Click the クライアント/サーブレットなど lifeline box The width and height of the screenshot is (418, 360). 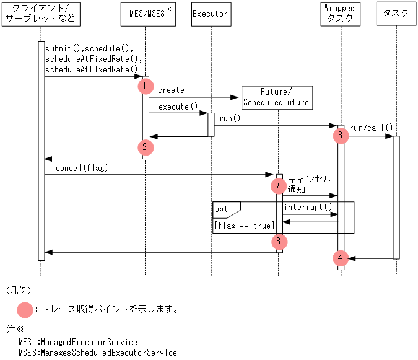(41, 14)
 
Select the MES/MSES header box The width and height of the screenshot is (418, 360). (146, 14)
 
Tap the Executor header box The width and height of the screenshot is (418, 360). (211, 14)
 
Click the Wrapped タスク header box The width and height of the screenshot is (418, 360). (340, 14)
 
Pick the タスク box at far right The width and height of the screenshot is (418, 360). (396, 14)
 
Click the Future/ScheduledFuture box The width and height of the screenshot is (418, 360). (276, 97)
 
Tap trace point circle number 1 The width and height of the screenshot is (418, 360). (145, 86)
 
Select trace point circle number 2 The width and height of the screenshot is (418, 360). (145, 147)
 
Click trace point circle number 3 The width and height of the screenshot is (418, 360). (340, 135)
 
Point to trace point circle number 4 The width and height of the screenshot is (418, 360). (340, 258)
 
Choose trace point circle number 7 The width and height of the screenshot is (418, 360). (279, 185)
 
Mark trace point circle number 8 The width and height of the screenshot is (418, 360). (279, 242)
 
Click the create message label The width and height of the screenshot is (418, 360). (171, 90)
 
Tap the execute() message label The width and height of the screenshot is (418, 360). (178, 107)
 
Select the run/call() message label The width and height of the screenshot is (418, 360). (371, 128)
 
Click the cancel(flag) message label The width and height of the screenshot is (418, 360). (82, 168)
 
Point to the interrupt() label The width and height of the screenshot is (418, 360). (308, 207)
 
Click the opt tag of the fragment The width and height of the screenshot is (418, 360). (222, 209)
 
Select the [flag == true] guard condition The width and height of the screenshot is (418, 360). (244, 226)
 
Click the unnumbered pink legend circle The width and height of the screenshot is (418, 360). (25, 309)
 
